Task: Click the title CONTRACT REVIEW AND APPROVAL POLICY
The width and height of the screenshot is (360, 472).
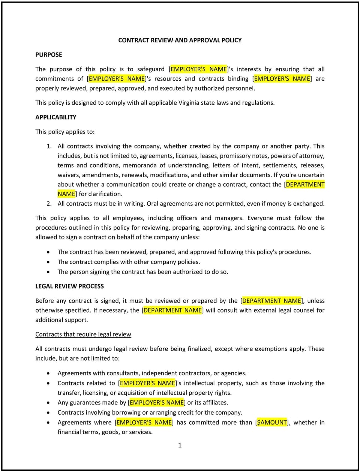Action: point(180,40)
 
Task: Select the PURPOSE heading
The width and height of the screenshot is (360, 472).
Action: point(49,55)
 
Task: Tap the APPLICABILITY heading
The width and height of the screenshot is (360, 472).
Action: point(55,117)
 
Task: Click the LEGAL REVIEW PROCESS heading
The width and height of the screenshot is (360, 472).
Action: point(69,286)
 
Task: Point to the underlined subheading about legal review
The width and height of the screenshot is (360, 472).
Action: point(83,334)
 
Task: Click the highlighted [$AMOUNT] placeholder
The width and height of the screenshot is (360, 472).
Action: point(272,422)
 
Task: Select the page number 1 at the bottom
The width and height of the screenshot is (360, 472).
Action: point(180,445)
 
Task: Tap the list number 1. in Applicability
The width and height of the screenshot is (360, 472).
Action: point(49,146)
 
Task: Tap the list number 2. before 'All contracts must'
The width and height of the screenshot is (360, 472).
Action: point(49,204)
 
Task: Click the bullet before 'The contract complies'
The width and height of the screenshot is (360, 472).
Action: point(48,262)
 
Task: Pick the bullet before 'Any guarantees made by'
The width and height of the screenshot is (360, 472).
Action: point(48,403)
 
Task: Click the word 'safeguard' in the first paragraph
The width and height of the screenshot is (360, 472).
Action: point(151,69)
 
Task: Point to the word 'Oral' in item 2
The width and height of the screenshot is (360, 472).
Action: point(153,204)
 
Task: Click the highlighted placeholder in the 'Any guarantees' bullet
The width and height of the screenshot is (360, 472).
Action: point(157,403)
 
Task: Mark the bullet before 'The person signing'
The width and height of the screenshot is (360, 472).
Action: point(48,272)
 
